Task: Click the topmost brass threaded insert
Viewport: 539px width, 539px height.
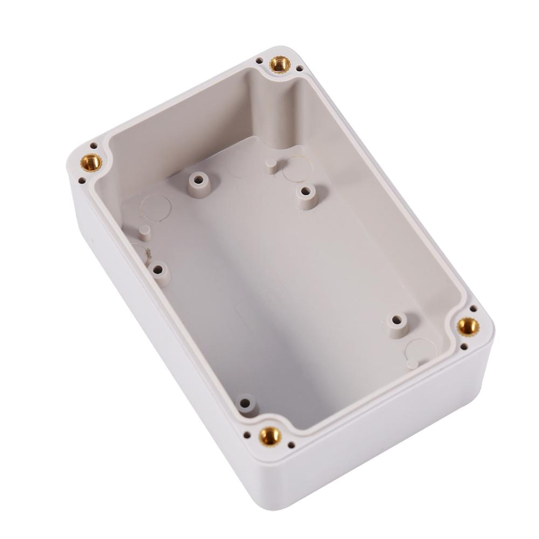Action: pyautogui.click(x=280, y=64)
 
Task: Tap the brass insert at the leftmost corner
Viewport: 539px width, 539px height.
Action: pyautogui.click(x=91, y=162)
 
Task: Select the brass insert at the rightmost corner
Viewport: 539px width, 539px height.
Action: pyautogui.click(x=467, y=326)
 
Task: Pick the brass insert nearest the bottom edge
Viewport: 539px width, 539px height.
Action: pyautogui.click(x=269, y=435)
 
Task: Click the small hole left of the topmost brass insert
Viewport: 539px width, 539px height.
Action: pyautogui.click(x=259, y=61)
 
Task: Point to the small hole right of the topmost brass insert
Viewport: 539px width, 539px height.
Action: pyautogui.click(x=299, y=68)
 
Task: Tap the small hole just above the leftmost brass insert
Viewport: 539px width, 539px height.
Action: pyautogui.click(x=94, y=146)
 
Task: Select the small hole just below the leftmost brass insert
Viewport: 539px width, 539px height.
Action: pyautogui.click(x=82, y=181)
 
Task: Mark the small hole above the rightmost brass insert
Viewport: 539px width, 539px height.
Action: pyautogui.click(x=473, y=308)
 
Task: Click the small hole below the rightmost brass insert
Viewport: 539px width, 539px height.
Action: pyautogui.click(x=463, y=347)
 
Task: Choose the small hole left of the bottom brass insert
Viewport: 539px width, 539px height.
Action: pyautogui.click(x=247, y=434)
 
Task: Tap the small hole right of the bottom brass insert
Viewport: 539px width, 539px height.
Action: pyautogui.click(x=291, y=445)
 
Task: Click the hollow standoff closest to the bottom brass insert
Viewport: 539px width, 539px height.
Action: pyautogui.click(x=245, y=403)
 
